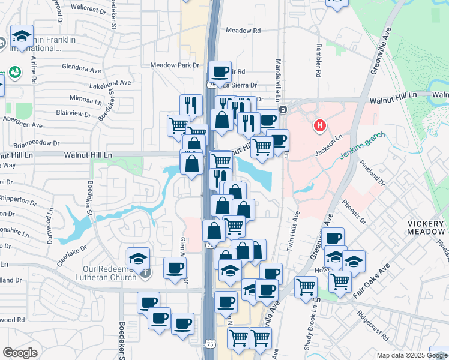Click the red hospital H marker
click(320, 126)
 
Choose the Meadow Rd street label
click(243, 31)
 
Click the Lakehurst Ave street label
click(109, 83)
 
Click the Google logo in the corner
click(20, 353)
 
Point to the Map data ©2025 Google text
click(412, 355)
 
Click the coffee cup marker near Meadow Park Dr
click(220, 71)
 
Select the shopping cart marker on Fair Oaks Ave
click(340, 280)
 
